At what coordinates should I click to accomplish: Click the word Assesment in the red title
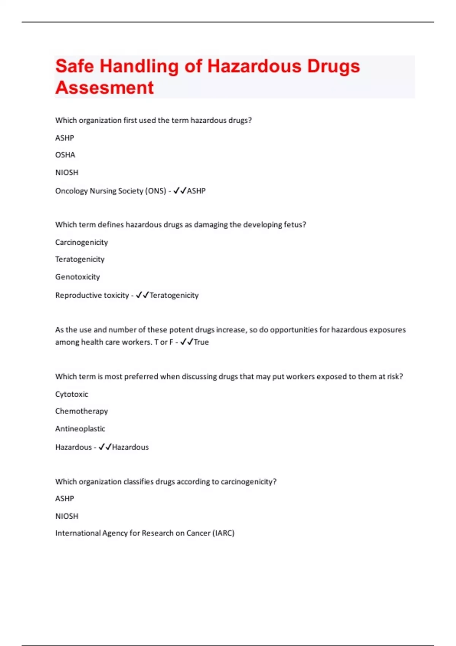coord(104,88)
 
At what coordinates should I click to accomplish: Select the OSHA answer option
coord(65,155)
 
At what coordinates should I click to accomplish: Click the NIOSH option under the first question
coord(66,173)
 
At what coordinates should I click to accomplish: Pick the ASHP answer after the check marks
coord(196,191)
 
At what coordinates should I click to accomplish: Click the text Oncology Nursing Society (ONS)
coord(111,191)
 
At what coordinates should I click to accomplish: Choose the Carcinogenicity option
coord(81,242)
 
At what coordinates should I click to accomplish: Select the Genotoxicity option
coord(78,277)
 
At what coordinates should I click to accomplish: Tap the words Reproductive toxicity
coord(92,295)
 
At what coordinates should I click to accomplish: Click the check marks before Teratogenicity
coord(142,295)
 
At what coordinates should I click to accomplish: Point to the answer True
coord(201,342)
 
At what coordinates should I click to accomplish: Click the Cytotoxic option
coord(71,394)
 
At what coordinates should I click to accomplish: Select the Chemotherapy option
coord(81,411)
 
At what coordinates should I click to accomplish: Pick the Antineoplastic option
coord(80,429)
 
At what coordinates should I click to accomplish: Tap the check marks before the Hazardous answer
coord(105,447)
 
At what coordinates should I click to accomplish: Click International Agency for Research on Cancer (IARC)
coord(145,533)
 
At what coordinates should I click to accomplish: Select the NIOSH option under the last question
coord(66,516)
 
